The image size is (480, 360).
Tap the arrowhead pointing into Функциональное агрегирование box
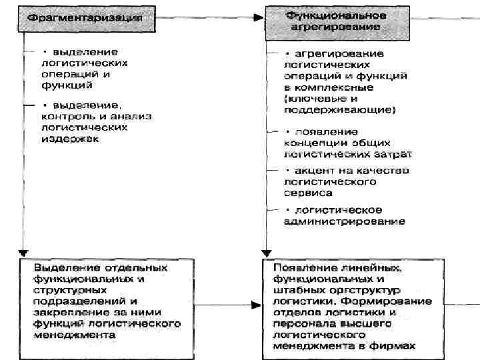260,19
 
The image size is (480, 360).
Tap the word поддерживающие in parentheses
338,109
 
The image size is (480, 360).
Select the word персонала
299,323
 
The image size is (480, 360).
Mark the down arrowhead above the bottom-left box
23,254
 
